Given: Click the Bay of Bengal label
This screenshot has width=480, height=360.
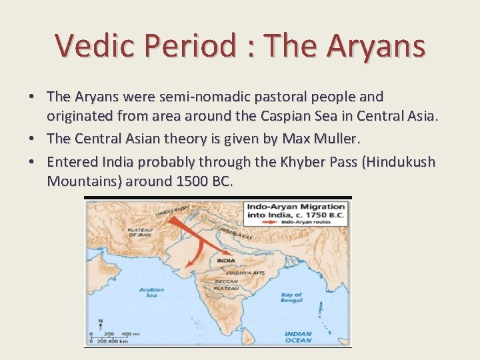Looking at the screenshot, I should click(x=291, y=297).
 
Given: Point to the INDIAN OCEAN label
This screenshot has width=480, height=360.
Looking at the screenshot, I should click(x=297, y=337).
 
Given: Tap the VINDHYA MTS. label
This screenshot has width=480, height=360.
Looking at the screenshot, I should click(x=245, y=273).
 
